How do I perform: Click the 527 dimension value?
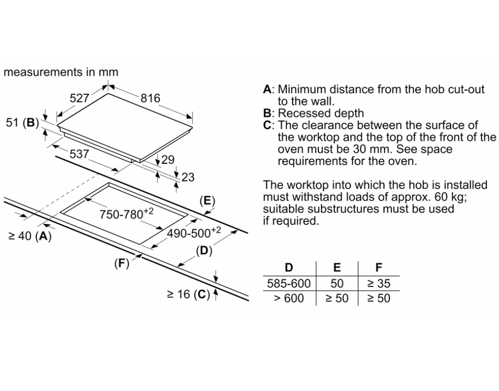pos(79,98)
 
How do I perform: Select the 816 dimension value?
pos(150,98)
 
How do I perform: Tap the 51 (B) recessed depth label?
pos(22,123)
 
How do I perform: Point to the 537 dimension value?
pos(79,154)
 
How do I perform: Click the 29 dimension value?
pos(168,160)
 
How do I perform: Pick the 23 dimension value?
pos(188,177)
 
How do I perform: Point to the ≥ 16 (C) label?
pos(188,294)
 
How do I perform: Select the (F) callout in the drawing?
pos(121,264)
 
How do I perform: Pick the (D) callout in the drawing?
pos(204,251)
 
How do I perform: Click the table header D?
pos(289,268)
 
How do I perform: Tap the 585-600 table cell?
pos(289,283)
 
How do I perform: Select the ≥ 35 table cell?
pos(379,283)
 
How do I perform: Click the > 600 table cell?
pos(289,298)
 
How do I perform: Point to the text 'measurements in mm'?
pos(61,72)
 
